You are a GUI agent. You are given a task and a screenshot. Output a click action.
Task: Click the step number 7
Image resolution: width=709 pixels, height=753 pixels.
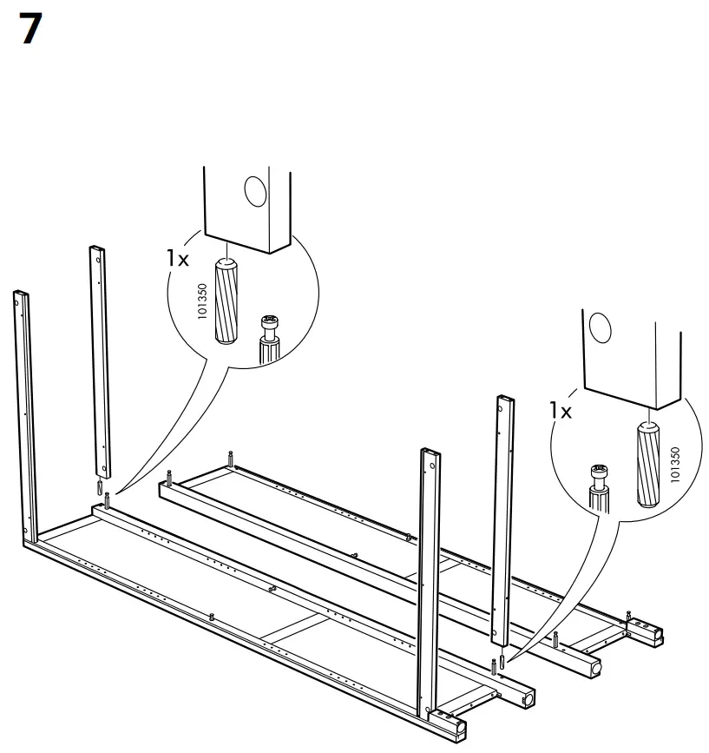click(29, 30)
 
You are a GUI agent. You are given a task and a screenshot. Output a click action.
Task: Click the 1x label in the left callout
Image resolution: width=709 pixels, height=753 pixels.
click(178, 259)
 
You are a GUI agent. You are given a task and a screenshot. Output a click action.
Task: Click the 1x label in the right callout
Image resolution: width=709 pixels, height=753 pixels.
click(561, 410)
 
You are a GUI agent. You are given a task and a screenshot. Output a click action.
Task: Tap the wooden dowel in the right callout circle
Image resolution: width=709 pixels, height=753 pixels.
click(647, 464)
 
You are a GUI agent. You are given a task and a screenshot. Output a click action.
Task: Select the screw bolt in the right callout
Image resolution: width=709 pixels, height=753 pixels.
click(597, 487)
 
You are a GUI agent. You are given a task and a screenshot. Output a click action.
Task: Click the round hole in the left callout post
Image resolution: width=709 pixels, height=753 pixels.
click(254, 189)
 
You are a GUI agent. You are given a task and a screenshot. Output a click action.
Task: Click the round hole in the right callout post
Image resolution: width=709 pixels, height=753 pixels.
click(599, 328)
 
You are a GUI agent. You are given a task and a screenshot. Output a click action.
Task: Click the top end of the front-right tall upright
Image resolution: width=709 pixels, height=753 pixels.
click(429, 453)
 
